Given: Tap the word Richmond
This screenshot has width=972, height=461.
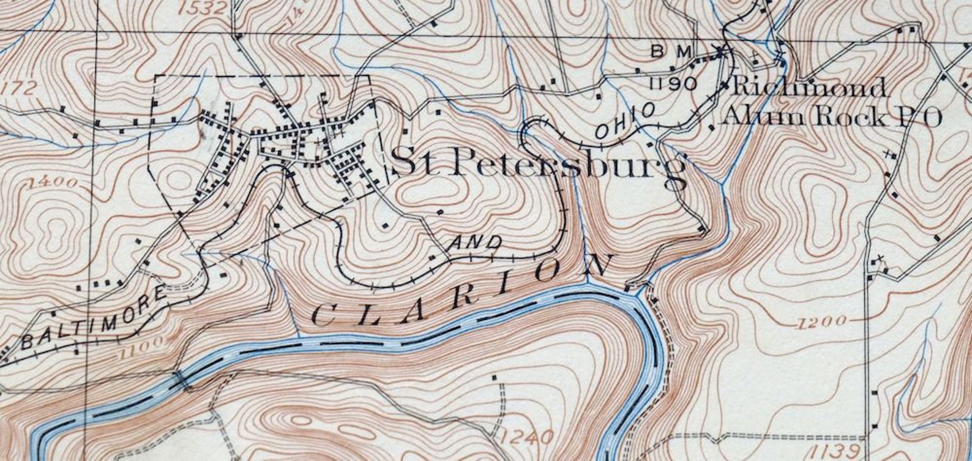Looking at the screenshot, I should click(x=809, y=87).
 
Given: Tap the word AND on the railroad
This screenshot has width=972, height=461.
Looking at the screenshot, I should click(x=475, y=243).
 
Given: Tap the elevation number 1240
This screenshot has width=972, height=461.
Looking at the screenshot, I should click(x=527, y=437).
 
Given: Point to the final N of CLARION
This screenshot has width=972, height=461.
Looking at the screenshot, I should click(x=597, y=265).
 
